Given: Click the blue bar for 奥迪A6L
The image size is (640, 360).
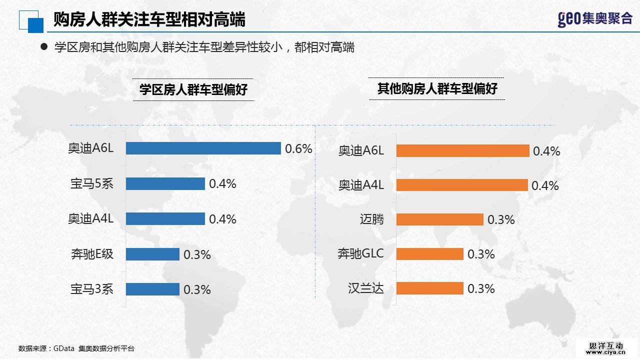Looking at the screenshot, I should pos(203,148).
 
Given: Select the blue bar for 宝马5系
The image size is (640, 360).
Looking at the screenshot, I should pos(165,184).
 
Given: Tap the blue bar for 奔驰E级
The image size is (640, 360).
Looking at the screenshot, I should pos(152,254).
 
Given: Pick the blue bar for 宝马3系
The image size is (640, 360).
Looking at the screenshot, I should pos(152,289).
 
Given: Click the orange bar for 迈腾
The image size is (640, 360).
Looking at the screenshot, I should pos(439,219).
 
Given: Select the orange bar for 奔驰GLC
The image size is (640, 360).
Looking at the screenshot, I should pos(429,254).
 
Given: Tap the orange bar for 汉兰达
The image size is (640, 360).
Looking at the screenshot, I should pos(429,288).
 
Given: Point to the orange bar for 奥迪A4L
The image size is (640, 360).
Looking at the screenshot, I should pos(462,185).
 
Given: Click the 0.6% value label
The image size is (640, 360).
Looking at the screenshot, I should pos(298,148).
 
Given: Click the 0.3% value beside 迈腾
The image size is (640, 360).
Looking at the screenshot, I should pos(501,219).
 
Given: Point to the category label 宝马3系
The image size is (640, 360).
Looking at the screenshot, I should pos(92,289).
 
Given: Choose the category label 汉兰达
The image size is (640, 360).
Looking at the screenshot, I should pos(366,288).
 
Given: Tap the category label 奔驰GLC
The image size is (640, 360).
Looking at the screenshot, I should pos(360,254).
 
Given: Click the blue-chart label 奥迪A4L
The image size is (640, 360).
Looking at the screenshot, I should pos(91,219).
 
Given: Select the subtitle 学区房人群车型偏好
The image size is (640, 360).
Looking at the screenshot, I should pos(193,90).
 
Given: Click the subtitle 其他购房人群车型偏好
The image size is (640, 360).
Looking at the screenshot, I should pos(437,89).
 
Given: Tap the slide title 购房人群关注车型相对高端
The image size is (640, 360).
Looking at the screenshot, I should pos(149,20).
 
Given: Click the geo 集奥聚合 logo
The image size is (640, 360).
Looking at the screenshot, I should pos(595,19).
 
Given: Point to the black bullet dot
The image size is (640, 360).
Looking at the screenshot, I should pos(43,46).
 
